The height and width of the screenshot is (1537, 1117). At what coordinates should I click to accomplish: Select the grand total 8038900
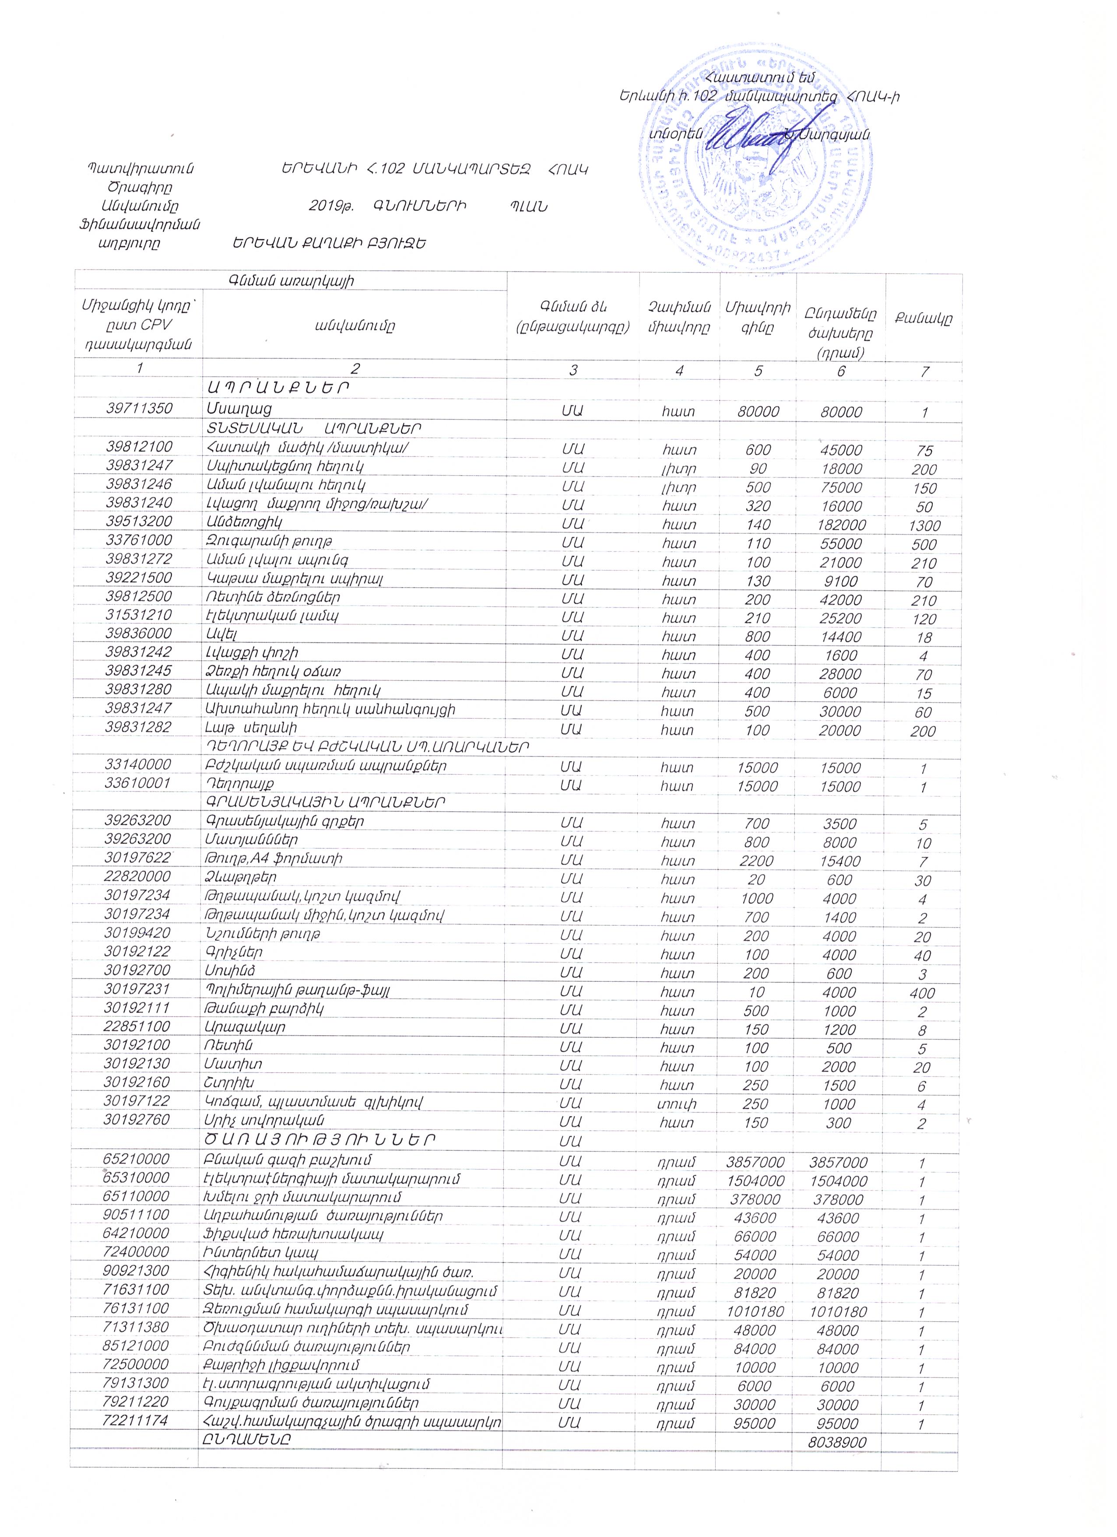click(x=837, y=1442)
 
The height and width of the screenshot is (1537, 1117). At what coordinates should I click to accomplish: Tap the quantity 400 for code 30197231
click(x=922, y=994)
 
